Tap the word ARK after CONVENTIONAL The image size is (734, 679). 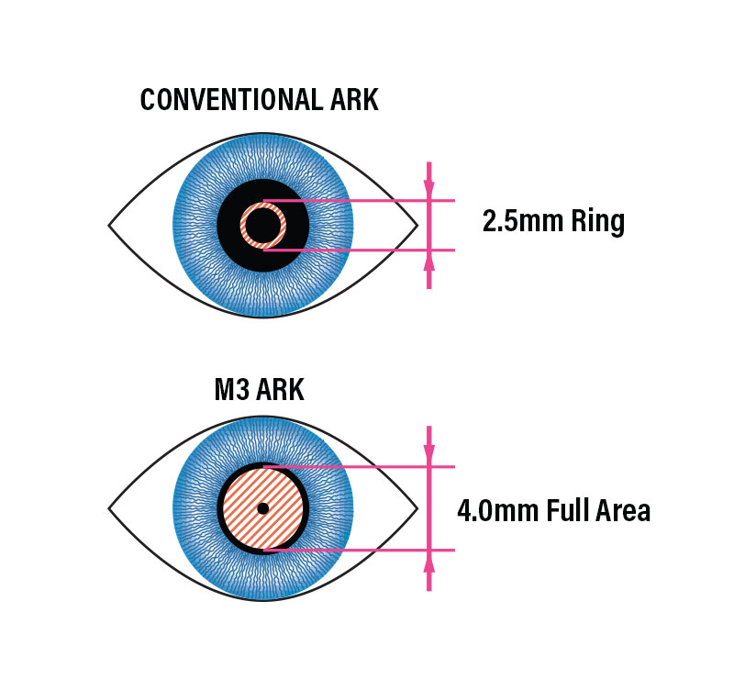coord(354,99)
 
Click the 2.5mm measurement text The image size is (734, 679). coord(522,221)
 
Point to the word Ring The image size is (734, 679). coord(598,223)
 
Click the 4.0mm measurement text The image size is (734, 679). coord(497,511)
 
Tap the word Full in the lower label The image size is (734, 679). coord(566,510)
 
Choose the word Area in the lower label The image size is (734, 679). coord(623,510)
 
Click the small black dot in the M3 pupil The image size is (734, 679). coord(263,508)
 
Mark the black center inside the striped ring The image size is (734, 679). coord(263,225)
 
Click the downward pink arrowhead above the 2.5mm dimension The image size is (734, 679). coord(428,187)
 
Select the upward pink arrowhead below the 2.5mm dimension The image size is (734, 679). coord(428,263)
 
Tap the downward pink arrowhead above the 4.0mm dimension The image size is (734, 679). coord(428,451)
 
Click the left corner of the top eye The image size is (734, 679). coord(109,225)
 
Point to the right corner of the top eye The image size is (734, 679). coord(417,225)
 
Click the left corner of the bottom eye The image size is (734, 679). coord(109,508)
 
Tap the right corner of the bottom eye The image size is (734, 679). coord(417,508)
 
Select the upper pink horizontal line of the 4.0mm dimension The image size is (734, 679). coord(359,467)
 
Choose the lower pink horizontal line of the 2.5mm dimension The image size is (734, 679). coord(359,250)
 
